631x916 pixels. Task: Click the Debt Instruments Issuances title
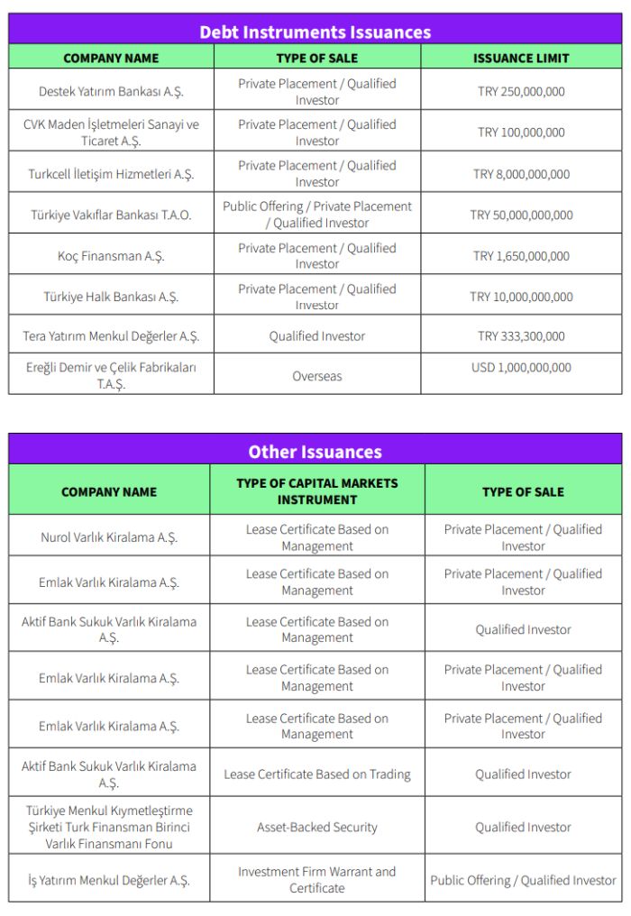click(x=315, y=32)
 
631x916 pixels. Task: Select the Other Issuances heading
click(x=315, y=452)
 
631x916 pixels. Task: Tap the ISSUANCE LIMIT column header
click(x=521, y=58)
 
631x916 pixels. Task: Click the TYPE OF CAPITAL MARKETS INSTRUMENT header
click(x=317, y=490)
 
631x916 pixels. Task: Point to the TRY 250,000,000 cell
click(x=521, y=91)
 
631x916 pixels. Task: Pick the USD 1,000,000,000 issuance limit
click(x=521, y=368)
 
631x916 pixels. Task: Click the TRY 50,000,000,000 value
click(x=521, y=215)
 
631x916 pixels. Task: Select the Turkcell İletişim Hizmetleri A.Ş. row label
click(x=111, y=174)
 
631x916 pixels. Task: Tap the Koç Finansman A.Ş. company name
click(x=111, y=256)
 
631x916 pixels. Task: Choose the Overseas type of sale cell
click(x=317, y=376)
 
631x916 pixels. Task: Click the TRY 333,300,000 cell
click(x=521, y=336)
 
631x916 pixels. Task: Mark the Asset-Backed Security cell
click(x=317, y=827)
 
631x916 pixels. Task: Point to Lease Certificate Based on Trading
click(x=317, y=774)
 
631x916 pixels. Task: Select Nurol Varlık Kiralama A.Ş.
click(x=109, y=537)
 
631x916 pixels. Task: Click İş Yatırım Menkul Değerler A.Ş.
click(x=109, y=880)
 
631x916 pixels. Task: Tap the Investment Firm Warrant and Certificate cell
click(x=317, y=879)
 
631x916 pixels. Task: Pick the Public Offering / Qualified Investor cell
click(x=523, y=880)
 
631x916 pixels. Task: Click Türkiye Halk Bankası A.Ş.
click(x=111, y=297)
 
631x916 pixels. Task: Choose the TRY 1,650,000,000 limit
click(x=521, y=256)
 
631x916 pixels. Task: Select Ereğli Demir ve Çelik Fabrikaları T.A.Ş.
click(x=111, y=375)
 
